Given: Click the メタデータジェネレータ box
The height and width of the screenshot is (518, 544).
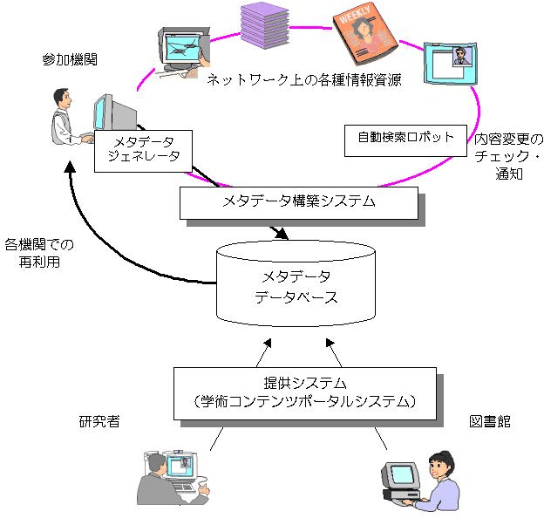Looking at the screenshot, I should [141, 149].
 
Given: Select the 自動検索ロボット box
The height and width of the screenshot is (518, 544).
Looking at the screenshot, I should [405, 138].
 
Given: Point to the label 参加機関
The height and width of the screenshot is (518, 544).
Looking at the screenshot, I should [70, 59].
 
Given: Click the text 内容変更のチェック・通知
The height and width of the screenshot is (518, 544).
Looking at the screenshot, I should [509, 156].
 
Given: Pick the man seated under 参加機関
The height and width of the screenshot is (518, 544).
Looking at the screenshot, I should [66, 119].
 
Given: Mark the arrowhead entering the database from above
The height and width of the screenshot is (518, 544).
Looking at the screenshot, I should [281, 235].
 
